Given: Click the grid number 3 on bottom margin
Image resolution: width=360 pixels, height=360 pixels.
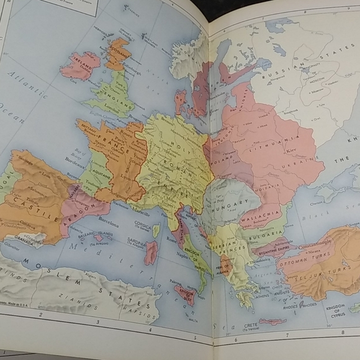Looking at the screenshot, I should [97, 322].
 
